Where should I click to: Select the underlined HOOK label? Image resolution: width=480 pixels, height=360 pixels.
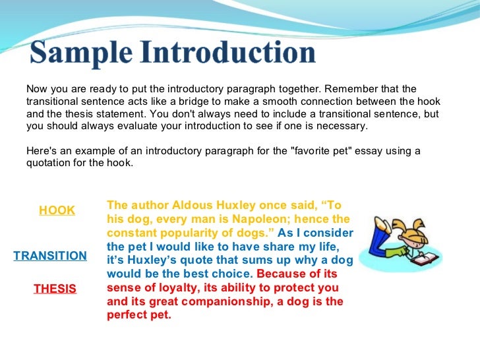57,210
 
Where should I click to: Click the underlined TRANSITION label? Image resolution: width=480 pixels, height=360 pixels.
50,256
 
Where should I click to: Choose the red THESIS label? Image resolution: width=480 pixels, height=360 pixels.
55,289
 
